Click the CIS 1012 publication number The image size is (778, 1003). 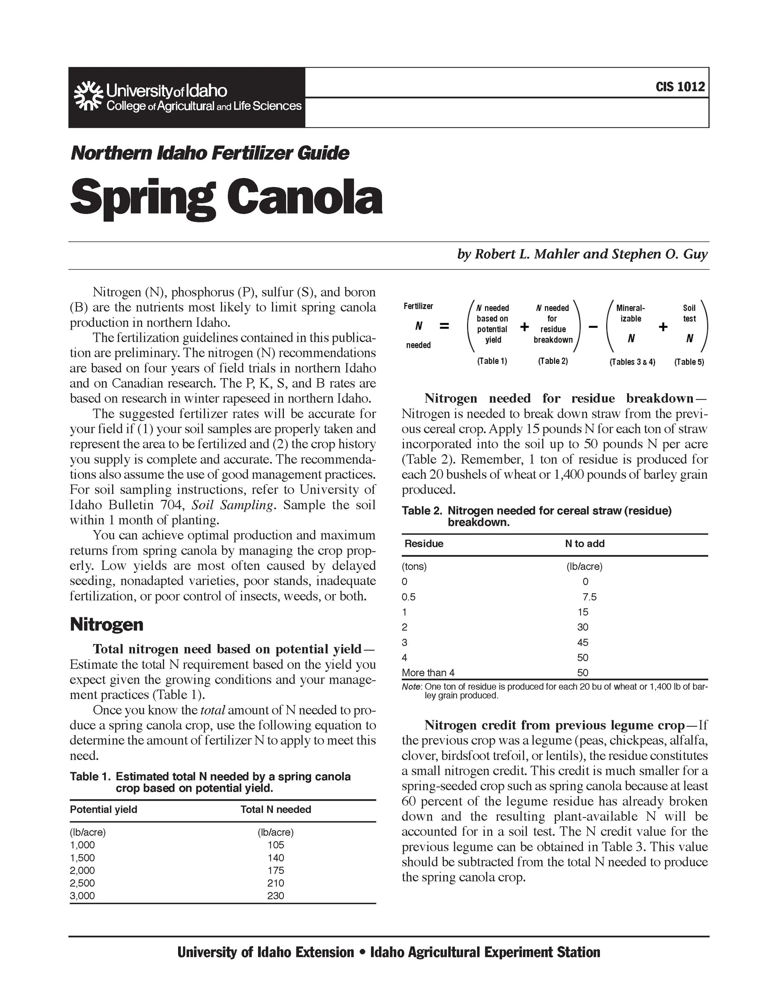680,87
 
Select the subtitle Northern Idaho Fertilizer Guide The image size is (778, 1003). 210,153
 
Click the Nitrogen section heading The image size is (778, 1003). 107,624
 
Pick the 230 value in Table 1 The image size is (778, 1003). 276,895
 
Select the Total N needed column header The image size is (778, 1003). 276,809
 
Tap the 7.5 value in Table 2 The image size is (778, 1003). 590,597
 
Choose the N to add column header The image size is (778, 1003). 584,543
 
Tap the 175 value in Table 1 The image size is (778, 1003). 276,870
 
